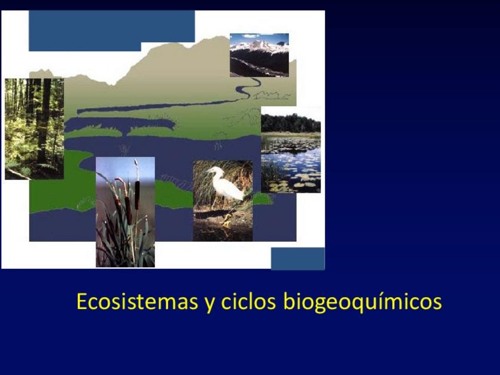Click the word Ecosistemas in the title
coord(137,301)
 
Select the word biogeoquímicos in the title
coord(363,301)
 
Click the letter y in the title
coord(209,304)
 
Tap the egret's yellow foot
coord(227,220)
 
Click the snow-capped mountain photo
coord(259,55)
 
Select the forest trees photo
coord(34,129)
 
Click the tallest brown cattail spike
coord(137,195)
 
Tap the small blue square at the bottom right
coord(298,259)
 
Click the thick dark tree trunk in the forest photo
coord(44,121)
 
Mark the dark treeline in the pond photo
coord(291,123)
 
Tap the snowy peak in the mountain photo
coord(259,45)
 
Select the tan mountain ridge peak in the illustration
coord(220,38)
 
